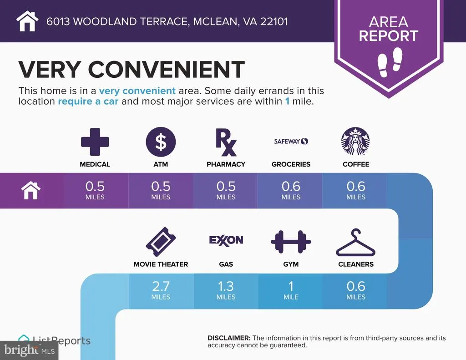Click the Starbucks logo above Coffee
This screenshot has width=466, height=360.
(x=355, y=142)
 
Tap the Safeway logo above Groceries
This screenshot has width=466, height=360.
(x=291, y=142)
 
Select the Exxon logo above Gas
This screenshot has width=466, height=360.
(x=226, y=240)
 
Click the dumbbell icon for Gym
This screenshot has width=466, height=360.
(x=291, y=242)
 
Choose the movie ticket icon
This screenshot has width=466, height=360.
(x=161, y=242)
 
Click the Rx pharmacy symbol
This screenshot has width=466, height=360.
(x=226, y=142)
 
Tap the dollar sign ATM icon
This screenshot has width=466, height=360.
(x=161, y=142)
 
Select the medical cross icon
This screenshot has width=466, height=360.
(x=95, y=142)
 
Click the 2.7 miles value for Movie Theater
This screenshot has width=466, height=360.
(x=161, y=290)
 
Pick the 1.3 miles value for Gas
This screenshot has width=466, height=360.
(x=226, y=290)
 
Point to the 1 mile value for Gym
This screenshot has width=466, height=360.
(x=291, y=290)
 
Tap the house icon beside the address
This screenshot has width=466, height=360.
(x=27, y=21)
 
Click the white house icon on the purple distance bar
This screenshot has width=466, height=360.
(x=30, y=191)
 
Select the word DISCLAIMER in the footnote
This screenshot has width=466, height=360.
(x=229, y=338)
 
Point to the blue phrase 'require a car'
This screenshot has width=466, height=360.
(x=88, y=101)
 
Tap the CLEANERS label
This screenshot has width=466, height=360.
(x=356, y=264)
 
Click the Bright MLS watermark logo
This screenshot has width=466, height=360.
(x=29, y=350)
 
